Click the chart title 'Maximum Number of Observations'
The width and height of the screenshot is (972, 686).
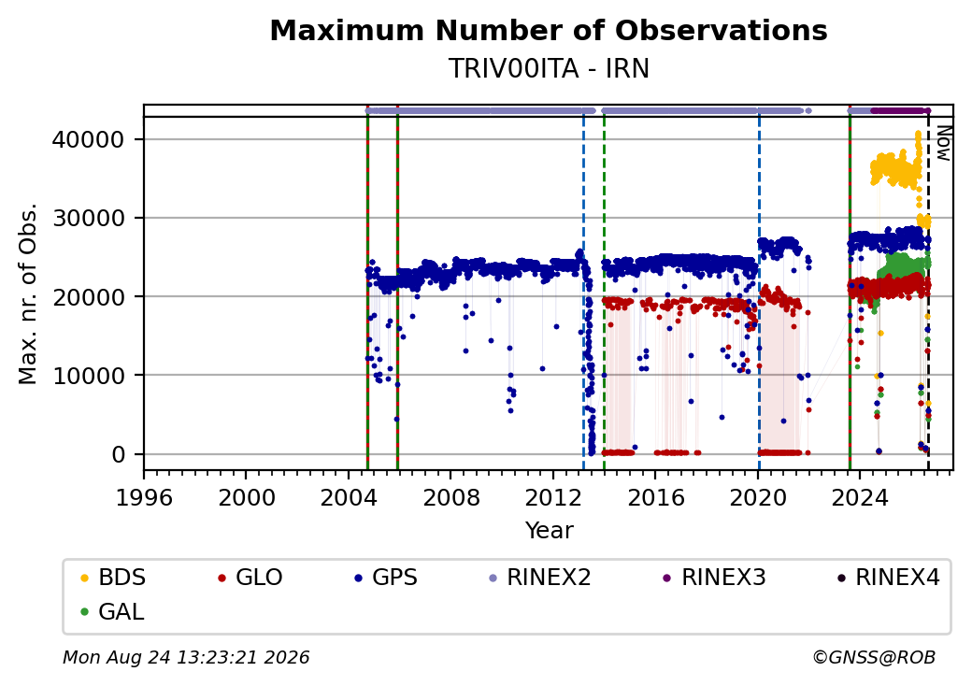(549, 30)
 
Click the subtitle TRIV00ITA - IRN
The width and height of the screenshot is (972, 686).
(549, 68)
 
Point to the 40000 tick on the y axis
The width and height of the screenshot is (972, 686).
(88, 139)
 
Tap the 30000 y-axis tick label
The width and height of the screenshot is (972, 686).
(88, 218)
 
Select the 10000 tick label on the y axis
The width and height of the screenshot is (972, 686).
(88, 376)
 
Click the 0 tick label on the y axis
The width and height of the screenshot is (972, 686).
(119, 455)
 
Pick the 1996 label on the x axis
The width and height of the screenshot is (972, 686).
(144, 497)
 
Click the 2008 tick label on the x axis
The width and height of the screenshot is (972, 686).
(451, 497)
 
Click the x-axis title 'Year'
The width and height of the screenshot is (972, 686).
(550, 531)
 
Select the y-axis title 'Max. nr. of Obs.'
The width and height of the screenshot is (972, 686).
(28, 293)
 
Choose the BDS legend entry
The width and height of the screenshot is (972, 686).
(113, 578)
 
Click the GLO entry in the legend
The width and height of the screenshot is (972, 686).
(250, 578)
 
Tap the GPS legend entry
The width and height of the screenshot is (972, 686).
(386, 578)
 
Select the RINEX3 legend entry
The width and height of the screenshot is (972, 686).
(714, 578)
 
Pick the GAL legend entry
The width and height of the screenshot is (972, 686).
(112, 611)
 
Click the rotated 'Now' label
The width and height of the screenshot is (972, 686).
(943, 143)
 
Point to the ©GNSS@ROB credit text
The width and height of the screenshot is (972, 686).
(874, 657)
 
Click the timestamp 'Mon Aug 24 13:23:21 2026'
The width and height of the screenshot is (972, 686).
(186, 657)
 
